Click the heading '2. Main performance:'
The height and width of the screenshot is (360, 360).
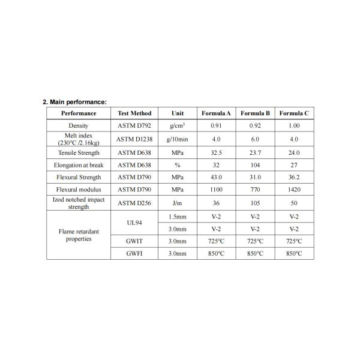pos(74,102)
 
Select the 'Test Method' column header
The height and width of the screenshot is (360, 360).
pos(134,113)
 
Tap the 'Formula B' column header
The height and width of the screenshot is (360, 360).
pos(255,113)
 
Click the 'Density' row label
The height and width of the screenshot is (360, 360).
pos(79,125)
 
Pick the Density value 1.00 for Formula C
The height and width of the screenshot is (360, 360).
pos(294,125)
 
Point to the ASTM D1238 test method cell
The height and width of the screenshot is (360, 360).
pos(134,139)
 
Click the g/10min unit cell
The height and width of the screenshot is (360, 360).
pos(177,139)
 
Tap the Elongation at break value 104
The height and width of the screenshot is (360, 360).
pos(255,164)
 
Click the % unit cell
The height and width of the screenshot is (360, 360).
pos(177,164)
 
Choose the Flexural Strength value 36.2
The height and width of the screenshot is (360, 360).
pos(294,177)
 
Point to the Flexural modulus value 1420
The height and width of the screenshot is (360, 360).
pos(294,190)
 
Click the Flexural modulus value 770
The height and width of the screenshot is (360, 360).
pos(255,190)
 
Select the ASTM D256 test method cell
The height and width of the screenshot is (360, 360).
pos(134,203)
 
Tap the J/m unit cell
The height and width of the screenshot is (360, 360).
pos(177,203)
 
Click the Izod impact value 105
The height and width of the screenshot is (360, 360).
pos(255,203)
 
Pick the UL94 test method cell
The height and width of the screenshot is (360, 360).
pos(134,222)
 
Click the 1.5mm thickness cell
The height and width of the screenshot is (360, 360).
pos(177,216)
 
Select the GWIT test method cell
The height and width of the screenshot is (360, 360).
pos(134,241)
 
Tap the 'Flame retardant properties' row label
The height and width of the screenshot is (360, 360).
pos(79,235)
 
